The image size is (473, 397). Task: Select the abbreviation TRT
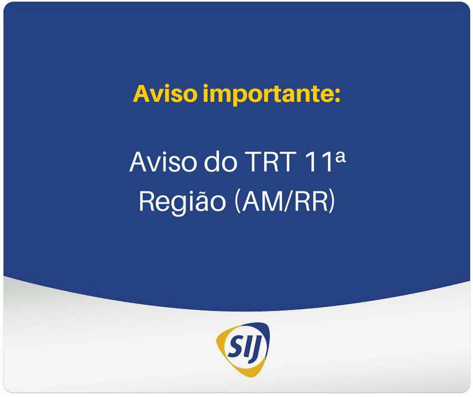270,162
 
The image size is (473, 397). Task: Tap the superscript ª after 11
341,157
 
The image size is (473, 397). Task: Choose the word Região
182,201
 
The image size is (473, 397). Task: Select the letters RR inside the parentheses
311,201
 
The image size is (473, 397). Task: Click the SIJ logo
244,349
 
